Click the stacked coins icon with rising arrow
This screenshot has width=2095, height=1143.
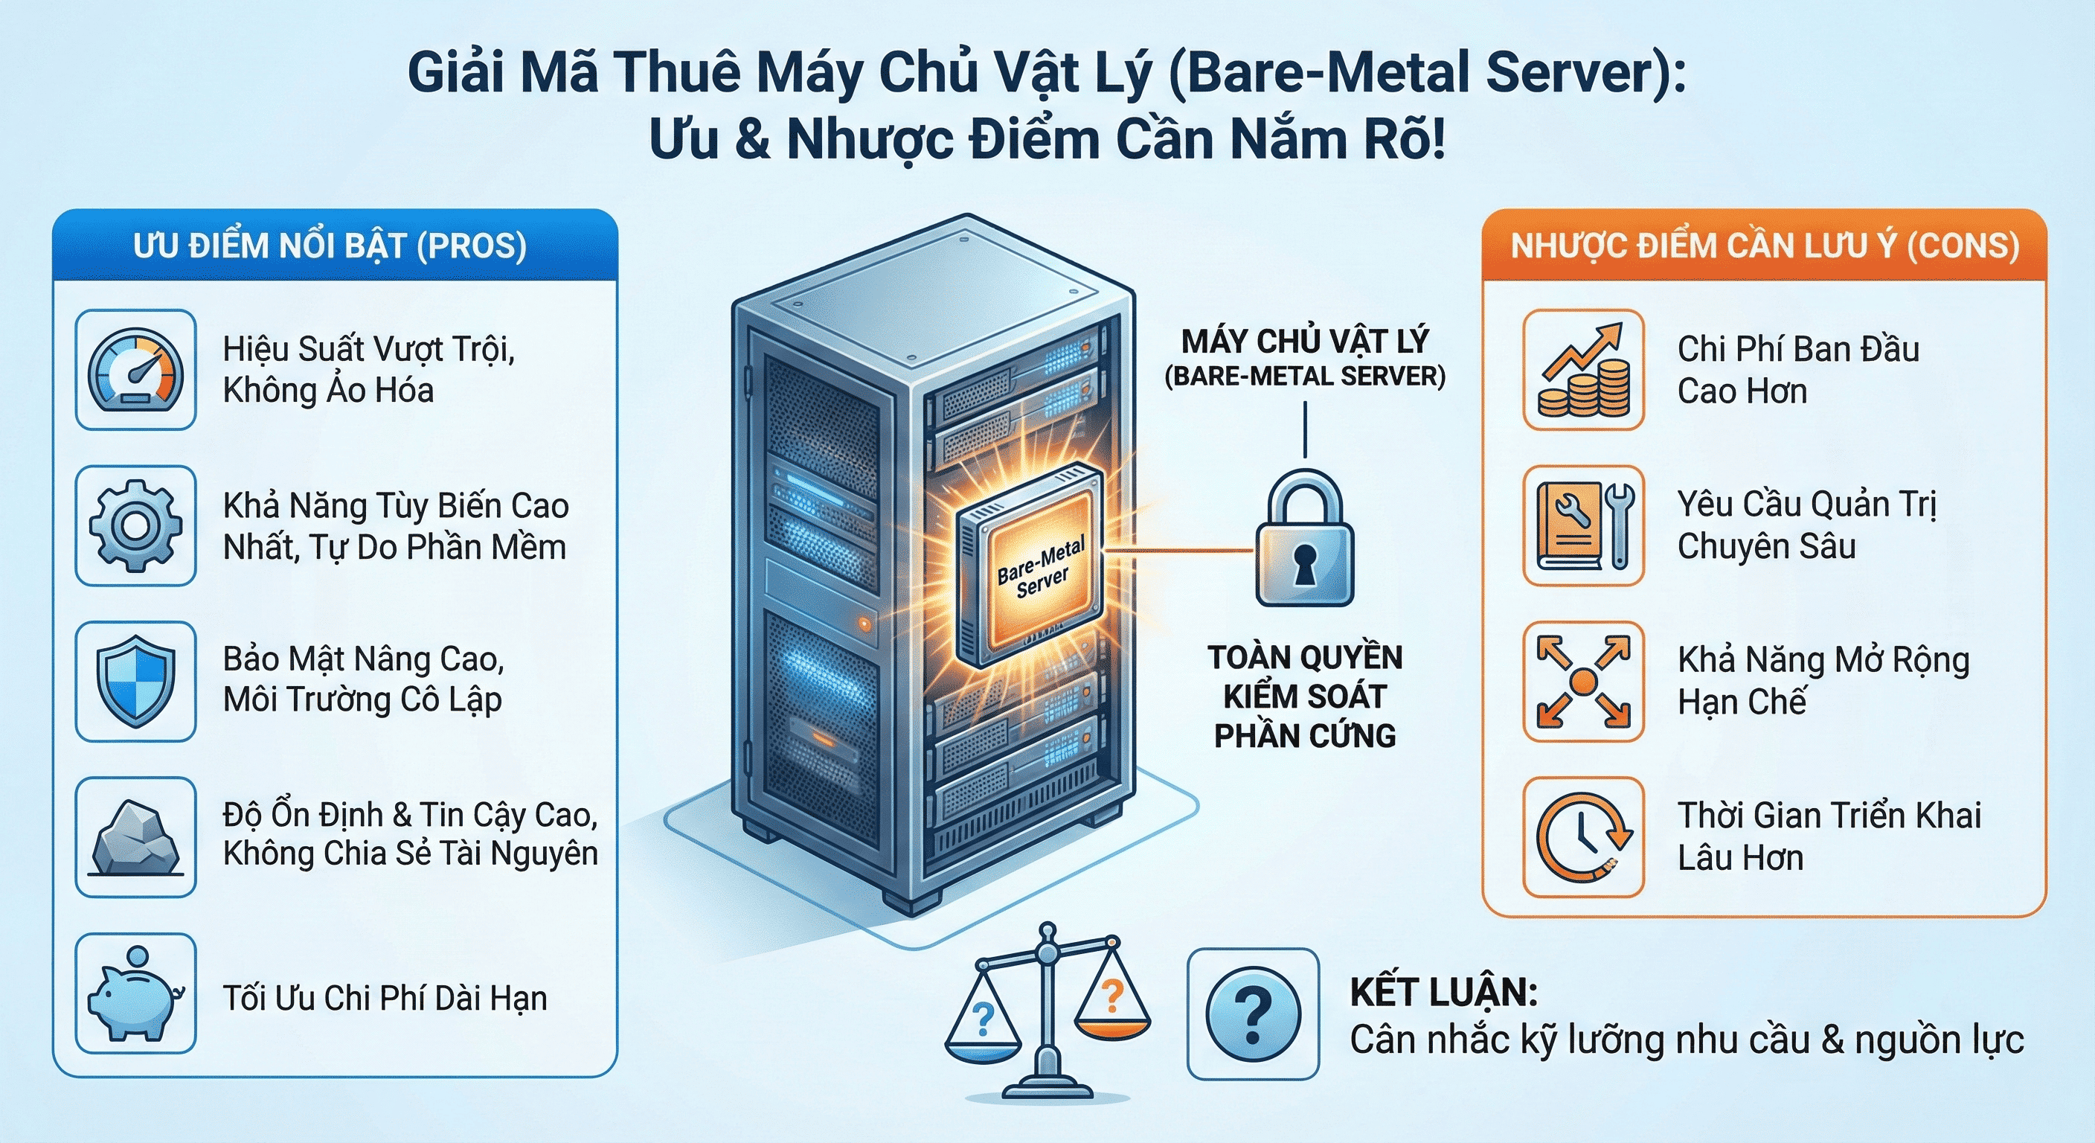click(x=1583, y=370)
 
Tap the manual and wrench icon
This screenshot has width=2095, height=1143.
click(x=1583, y=525)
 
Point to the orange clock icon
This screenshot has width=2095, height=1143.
click(x=1583, y=838)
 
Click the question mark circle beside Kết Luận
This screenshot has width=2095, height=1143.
click(x=1252, y=1014)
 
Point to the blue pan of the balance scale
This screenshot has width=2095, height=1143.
click(x=984, y=1049)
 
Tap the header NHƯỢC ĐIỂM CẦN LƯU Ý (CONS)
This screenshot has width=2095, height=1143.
click(x=1765, y=246)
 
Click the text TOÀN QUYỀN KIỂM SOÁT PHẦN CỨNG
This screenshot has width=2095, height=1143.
click(x=1304, y=697)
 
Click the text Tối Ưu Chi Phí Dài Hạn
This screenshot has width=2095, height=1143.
click(x=385, y=998)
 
